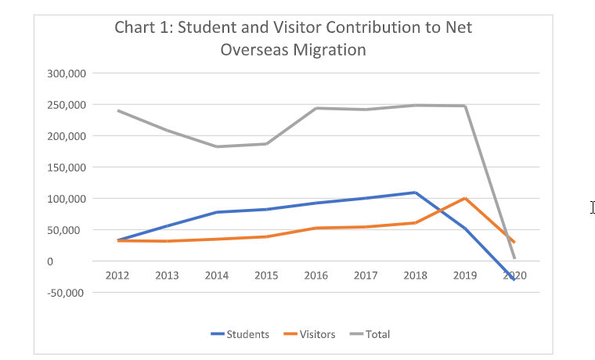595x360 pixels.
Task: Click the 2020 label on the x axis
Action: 514,275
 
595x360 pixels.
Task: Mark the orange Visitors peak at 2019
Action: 465,198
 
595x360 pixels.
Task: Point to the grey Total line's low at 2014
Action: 216,146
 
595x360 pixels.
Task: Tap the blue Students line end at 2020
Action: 514,279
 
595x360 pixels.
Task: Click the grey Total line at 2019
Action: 465,106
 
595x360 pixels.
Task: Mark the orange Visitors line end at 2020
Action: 514,242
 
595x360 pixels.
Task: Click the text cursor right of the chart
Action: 593,207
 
